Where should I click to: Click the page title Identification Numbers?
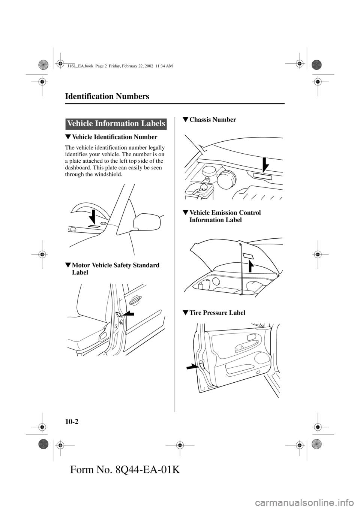(107, 96)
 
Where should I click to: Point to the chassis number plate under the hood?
(262, 176)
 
